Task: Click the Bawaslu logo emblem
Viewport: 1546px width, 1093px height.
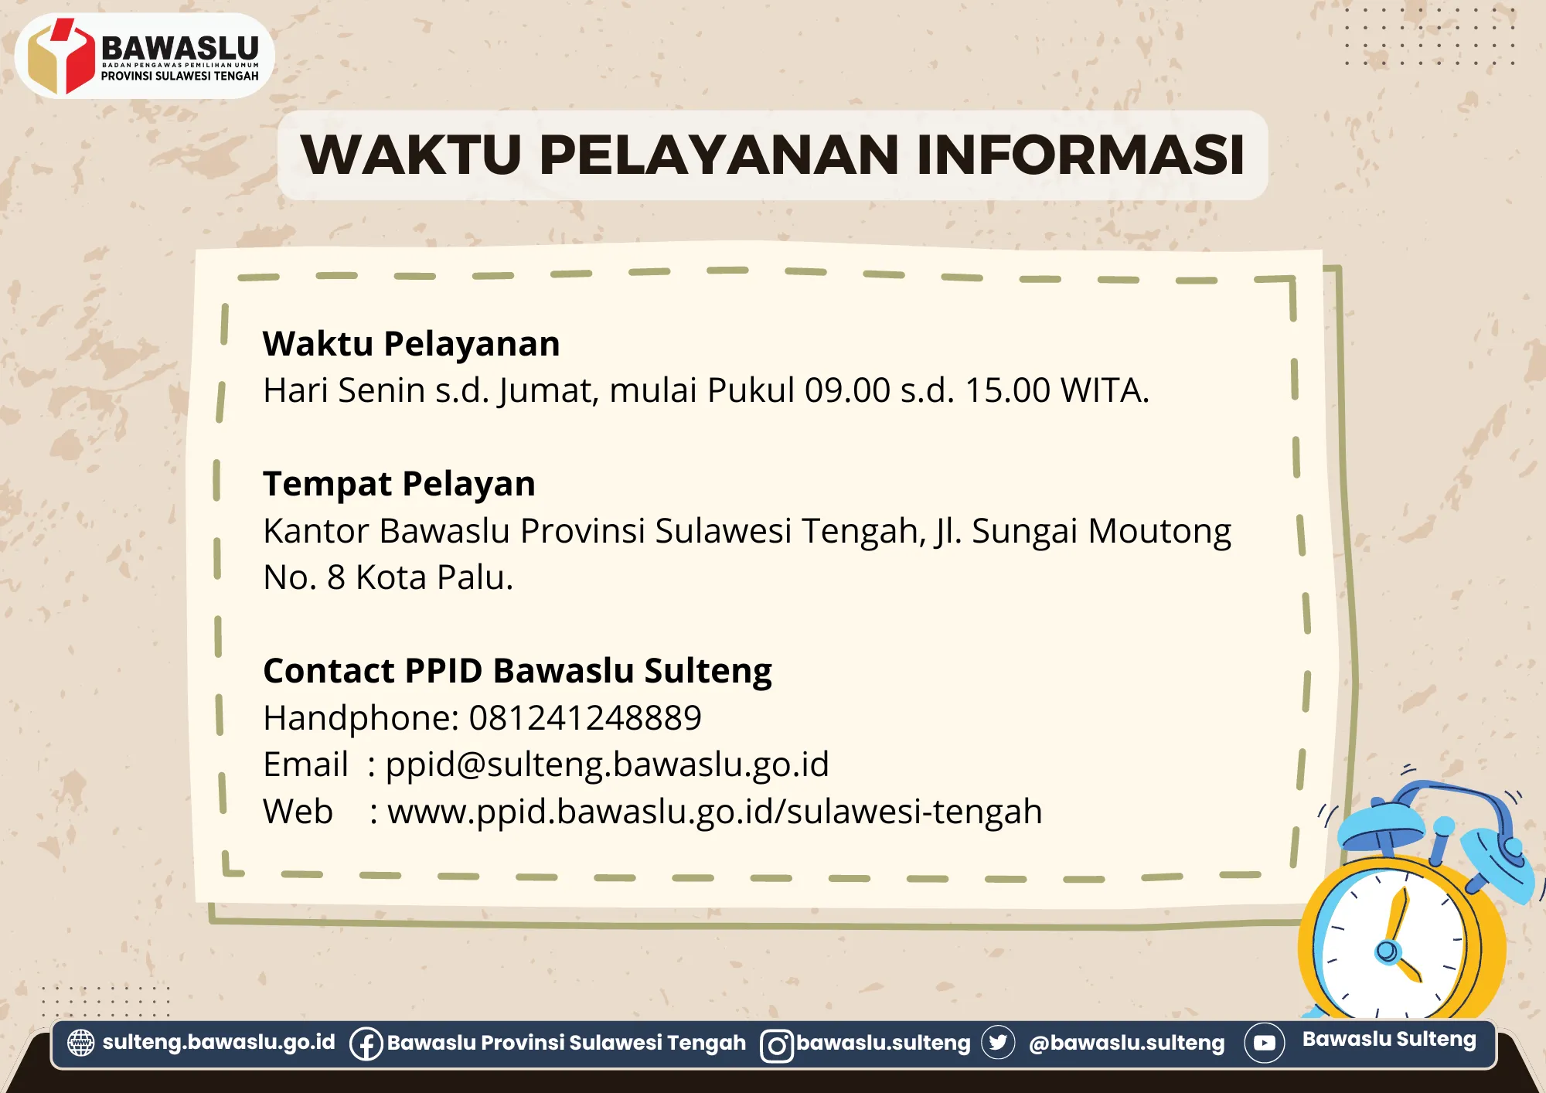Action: [x=60, y=56]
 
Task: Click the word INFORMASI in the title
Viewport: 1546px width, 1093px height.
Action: [x=1080, y=155]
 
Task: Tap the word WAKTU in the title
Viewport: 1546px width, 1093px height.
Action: [x=411, y=155]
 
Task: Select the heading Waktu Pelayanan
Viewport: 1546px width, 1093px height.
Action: [x=411, y=344]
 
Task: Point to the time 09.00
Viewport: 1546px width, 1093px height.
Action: [x=847, y=390]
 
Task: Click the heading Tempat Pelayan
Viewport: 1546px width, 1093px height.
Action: [x=399, y=485]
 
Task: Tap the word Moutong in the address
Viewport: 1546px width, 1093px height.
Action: [x=1159, y=532]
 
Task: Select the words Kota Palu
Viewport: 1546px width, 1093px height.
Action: [x=434, y=577]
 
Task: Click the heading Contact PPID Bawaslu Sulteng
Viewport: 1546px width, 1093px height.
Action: [x=517, y=671]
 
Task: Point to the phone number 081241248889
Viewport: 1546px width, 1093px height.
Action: [x=585, y=718]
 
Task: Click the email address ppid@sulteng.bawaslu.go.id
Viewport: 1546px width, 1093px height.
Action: [x=607, y=765]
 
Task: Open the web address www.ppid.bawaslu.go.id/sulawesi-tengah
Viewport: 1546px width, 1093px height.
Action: [x=715, y=812]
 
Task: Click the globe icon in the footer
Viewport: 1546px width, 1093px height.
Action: [x=81, y=1043]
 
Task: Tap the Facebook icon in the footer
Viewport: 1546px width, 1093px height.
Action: [x=366, y=1044]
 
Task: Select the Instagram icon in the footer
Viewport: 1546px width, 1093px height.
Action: [x=777, y=1046]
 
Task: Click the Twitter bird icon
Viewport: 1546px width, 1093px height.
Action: [x=998, y=1043]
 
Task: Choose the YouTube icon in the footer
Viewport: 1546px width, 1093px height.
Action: [x=1265, y=1043]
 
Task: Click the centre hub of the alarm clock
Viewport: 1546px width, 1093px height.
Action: [x=1387, y=951]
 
